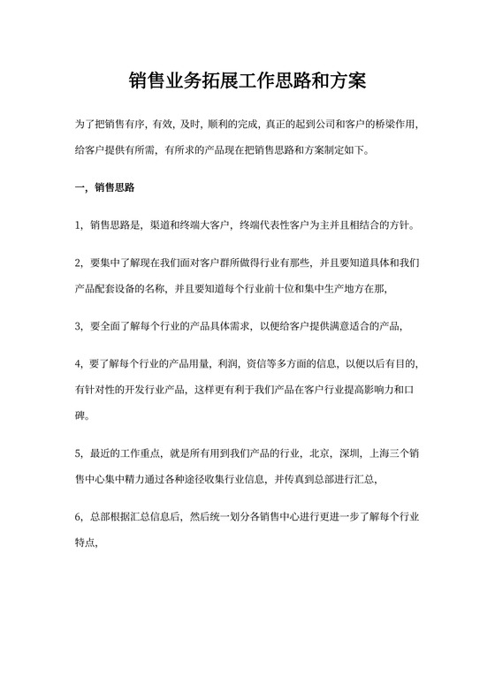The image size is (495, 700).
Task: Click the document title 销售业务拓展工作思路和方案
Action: tap(247, 82)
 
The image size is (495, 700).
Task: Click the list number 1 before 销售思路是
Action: tap(78, 225)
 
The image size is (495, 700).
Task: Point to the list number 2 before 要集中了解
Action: tap(78, 263)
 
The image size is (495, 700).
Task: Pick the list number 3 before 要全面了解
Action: tap(78, 326)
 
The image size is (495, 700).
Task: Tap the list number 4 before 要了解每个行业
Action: tap(78, 364)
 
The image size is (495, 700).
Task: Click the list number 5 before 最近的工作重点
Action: tap(78, 454)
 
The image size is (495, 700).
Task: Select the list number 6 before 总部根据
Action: tap(78, 517)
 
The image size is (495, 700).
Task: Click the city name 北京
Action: tap(321, 454)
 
